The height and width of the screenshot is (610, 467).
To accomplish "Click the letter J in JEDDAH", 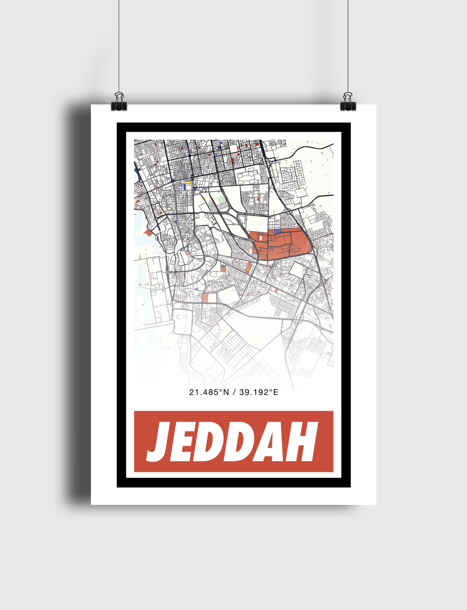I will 159,442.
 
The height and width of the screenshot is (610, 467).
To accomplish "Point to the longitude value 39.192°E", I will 257,392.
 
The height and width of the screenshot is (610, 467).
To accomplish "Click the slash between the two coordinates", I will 233,392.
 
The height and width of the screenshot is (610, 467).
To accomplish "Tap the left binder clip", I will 119,102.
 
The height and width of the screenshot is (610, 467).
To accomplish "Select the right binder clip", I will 347,102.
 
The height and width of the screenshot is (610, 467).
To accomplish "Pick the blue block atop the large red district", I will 277,231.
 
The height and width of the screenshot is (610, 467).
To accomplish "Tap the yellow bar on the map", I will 188,182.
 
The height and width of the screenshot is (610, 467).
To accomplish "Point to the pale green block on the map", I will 222,199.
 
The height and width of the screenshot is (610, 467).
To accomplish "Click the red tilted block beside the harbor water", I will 149,233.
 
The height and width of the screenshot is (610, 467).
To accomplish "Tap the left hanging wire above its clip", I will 119,47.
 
